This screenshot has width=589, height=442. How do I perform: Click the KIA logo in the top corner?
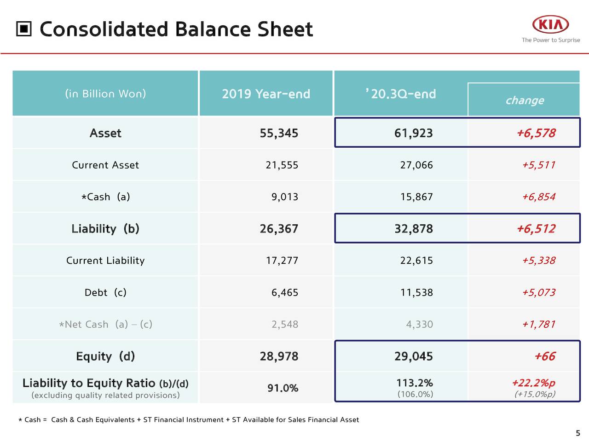point(550,25)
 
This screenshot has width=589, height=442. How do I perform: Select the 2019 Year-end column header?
point(266,94)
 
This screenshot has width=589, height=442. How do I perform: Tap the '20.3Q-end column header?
point(401,94)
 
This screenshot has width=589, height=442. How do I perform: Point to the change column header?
point(525,100)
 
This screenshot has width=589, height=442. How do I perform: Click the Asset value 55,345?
point(279,133)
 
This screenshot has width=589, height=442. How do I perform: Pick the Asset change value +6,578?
point(536,133)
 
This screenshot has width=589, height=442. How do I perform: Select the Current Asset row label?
point(105,165)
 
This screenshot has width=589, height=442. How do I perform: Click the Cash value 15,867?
point(416,197)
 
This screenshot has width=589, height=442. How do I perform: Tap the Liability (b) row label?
point(105,229)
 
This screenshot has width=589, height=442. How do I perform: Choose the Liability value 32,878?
point(413,229)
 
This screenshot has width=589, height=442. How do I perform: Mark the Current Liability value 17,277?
point(282,261)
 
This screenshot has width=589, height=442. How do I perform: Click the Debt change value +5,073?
point(538,292)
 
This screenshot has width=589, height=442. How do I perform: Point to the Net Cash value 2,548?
point(285,325)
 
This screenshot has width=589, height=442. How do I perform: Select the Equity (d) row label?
point(105,356)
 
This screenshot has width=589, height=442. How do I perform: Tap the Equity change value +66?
point(545,356)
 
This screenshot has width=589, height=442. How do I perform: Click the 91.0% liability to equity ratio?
point(283,388)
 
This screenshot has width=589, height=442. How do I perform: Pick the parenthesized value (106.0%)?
point(415,394)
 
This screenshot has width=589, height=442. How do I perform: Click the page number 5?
point(578,433)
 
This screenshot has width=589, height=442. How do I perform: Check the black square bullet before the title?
point(24,29)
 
